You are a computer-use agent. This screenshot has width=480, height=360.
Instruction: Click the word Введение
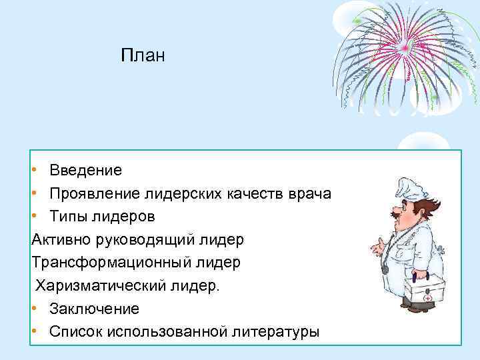pyautogui.click(x=85, y=170)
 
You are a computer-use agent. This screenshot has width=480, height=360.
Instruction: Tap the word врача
pyautogui.click(x=310, y=193)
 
